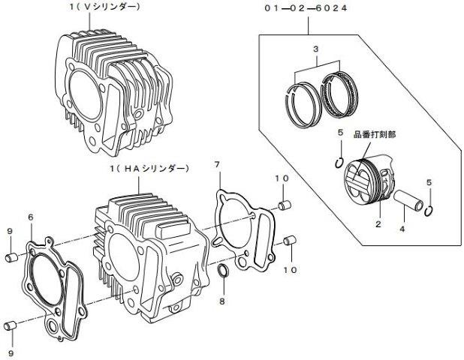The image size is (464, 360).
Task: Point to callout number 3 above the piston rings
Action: tap(315, 49)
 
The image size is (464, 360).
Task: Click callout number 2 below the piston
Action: tap(379, 223)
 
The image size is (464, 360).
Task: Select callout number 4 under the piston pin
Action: tap(402, 228)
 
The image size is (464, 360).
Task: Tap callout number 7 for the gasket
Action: tap(217, 163)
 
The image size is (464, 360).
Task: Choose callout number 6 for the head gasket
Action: tap(30, 217)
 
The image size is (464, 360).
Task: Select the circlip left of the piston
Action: tap(339, 165)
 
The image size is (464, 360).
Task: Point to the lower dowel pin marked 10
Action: tap(289, 241)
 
